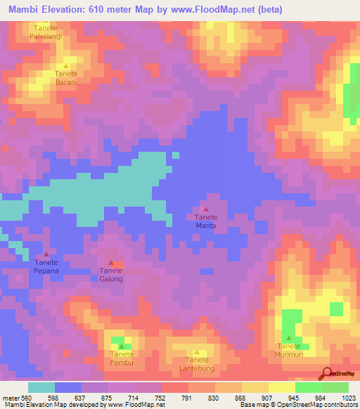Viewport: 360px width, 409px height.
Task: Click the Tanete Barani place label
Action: (66, 77)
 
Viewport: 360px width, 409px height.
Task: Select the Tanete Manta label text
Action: (206, 222)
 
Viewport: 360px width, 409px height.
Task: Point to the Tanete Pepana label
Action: (46, 266)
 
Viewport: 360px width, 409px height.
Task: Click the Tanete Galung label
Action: (111, 275)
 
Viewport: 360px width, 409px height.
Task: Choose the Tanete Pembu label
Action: (122, 359)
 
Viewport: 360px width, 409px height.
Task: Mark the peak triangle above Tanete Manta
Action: (206, 209)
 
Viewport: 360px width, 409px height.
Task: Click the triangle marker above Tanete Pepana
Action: (46, 254)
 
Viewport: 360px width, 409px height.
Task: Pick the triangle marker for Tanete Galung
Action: (111, 263)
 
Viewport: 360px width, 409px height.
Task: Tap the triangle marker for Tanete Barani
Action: (66, 65)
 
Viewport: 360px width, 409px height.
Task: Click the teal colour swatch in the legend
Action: (41, 387)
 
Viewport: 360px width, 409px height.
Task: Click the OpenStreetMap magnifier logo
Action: (326, 372)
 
